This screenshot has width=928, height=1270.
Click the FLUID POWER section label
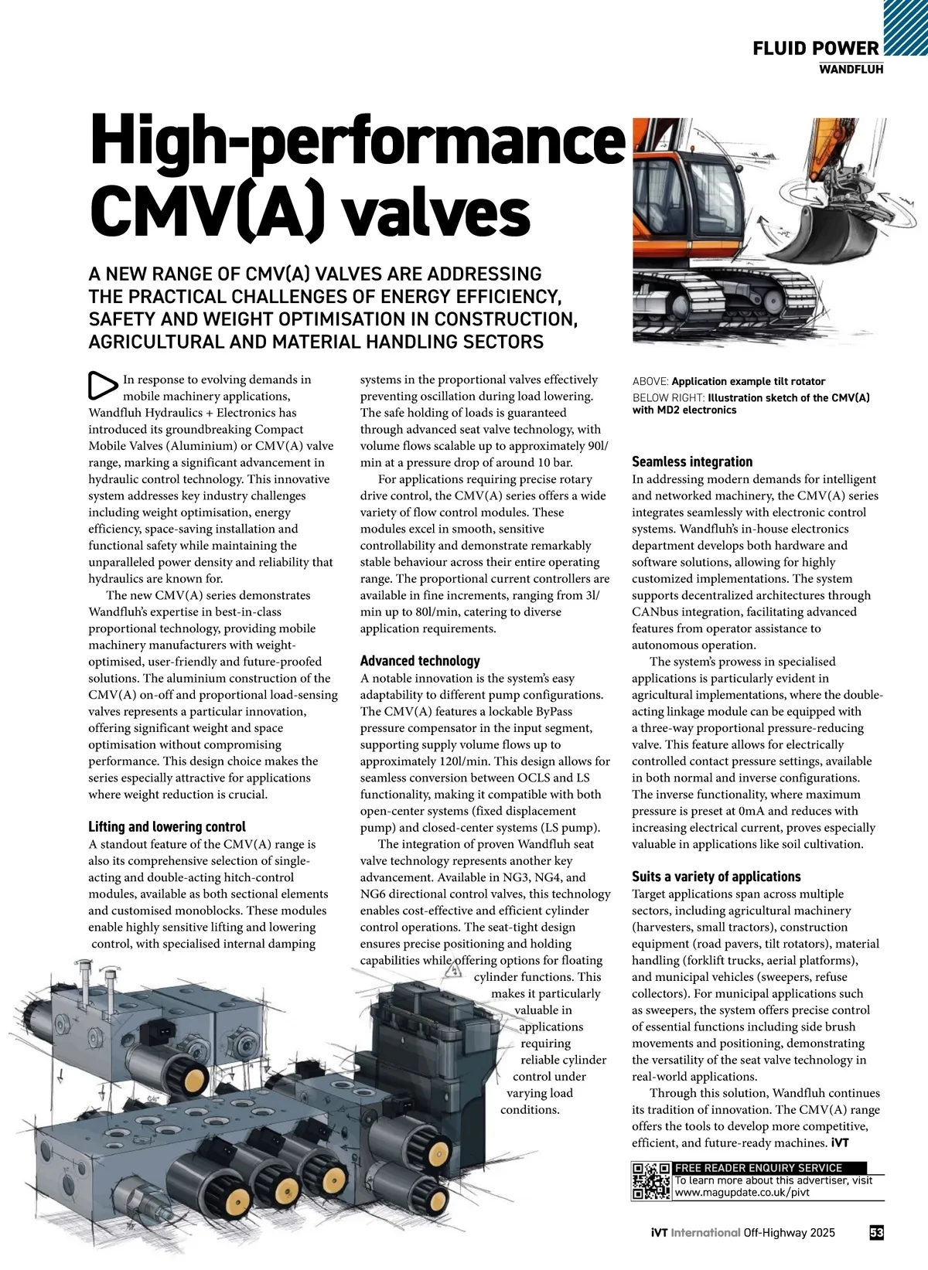pyautogui.click(x=816, y=49)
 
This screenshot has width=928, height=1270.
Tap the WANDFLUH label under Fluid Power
pyautogui.click(x=851, y=70)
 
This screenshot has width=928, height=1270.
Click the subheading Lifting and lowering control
pyautogui.click(x=167, y=826)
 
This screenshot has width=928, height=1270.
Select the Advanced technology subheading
pyautogui.click(x=420, y=661)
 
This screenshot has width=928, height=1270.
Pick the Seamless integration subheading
pyautogui.click(x=692, y=461)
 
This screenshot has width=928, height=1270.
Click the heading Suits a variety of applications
pyautogui.click(x=716, y=877)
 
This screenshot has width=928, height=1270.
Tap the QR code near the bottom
pyautogui.click(x=651, y=1180)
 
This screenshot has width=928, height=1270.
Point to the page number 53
pyautogui.click(x=876, y=1233)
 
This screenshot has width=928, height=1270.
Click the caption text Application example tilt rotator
pyautogui.click(x=748, y=381)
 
